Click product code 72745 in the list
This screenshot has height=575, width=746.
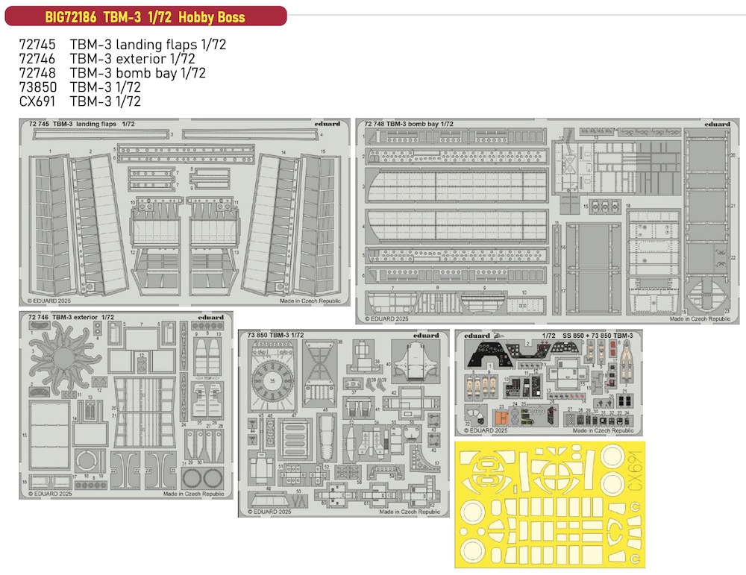tap(38, 45)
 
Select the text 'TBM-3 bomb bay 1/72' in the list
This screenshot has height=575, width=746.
tap(138, 73)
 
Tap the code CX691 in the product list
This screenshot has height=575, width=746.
tap(37, 101)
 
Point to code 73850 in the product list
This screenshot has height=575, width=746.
tap(38, 87)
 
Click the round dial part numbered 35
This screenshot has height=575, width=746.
tap(272, 380)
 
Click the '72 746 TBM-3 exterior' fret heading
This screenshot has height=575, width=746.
tap(70, 317)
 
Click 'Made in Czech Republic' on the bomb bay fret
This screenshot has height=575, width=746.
tap(699, 318)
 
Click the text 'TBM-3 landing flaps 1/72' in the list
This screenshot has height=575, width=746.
tap(148, 45)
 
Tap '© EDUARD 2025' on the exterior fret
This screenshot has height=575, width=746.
tap(50, 494)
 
